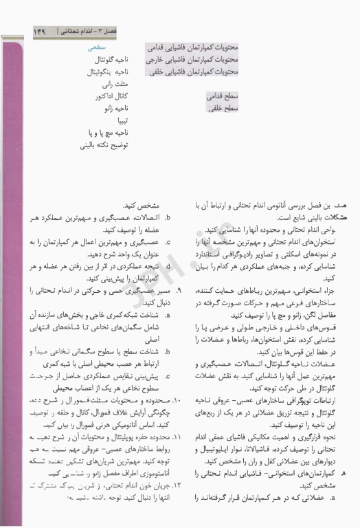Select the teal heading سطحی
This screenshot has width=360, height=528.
click(x=94, y=49)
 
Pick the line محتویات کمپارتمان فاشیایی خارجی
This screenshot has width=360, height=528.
click(x=192, y=60)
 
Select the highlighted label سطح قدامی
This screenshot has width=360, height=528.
click(x=221, y=98)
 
